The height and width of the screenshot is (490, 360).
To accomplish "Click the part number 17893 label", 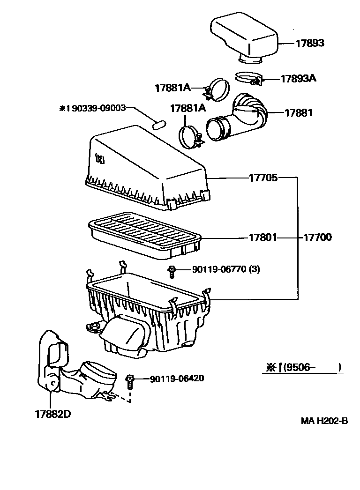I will coord(309,43).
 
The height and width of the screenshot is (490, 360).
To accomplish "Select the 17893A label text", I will coord(298,78).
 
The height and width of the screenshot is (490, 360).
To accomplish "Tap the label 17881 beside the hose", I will coord(298,113).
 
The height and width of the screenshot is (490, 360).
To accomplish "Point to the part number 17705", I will coord(263,178).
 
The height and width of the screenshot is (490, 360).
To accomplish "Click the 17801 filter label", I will coord(263,238).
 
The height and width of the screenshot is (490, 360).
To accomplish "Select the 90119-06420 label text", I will coord(177,379).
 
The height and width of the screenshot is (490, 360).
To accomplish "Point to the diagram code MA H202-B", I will coord(324,421).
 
